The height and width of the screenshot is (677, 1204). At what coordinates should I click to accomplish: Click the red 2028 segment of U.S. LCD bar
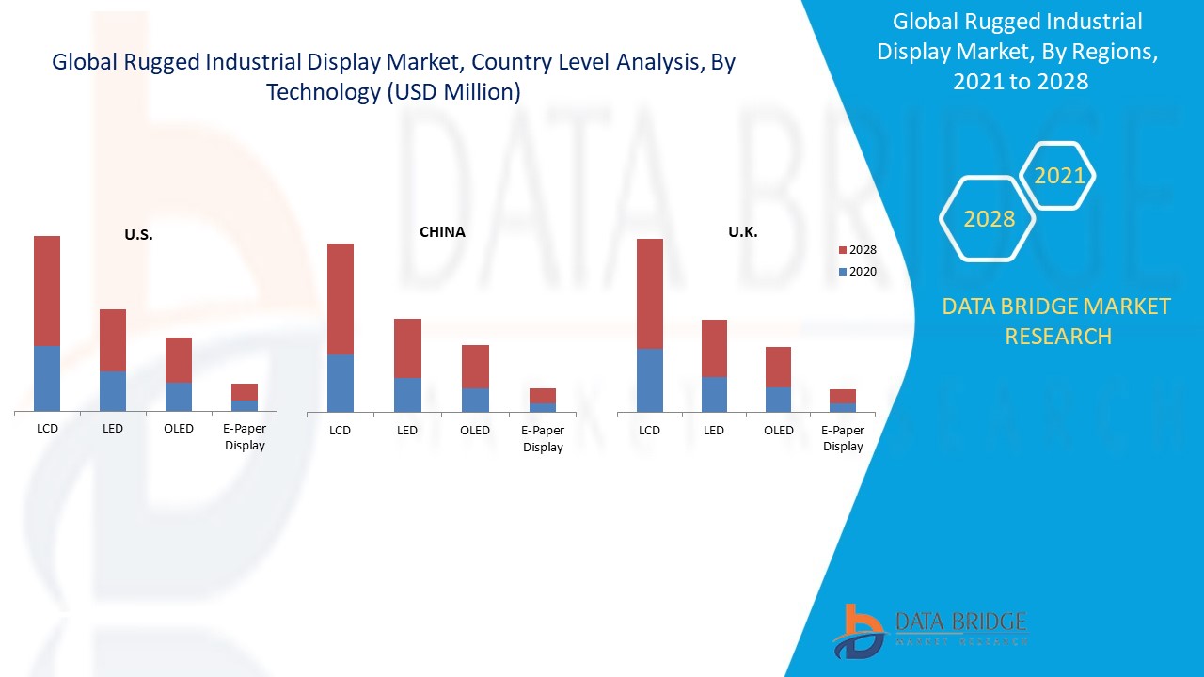pos(47,291)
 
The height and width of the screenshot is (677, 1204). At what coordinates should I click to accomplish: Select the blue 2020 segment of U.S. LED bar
pos(113,390)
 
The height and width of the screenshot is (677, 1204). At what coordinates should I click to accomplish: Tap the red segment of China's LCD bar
pos(341,298)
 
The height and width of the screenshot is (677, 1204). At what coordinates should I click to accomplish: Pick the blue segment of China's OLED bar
pos(475,400)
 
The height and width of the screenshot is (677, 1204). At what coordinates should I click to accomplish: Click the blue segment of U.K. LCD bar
pos(650,380)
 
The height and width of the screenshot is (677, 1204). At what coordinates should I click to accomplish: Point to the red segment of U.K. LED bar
pos(714,348)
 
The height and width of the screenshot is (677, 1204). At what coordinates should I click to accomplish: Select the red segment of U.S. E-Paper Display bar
pos(245,391)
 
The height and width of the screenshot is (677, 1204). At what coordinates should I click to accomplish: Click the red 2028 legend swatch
pos(842,250)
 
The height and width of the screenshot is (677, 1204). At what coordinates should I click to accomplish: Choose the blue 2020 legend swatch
pos(842,272)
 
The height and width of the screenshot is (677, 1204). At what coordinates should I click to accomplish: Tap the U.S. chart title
pos(138,235)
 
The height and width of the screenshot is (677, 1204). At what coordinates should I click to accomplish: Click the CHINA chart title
pos(442,231)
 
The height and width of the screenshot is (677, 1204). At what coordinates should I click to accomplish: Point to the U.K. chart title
pos(743,231)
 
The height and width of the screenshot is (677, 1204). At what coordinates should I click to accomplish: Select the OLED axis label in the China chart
pos(475,431)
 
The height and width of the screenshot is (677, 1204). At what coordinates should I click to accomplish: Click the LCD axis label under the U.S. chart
pos(47,429)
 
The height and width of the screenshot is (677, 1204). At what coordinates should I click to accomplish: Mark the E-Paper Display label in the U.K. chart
pos(843,438)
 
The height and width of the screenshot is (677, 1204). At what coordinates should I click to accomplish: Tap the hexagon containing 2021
pos(1059,175)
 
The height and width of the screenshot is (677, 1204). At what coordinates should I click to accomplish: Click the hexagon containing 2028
pos(989,219)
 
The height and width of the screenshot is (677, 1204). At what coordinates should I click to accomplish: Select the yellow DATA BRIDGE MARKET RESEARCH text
pos(1057,321)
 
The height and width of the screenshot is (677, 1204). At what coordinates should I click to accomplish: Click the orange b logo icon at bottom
pos(858,630)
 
